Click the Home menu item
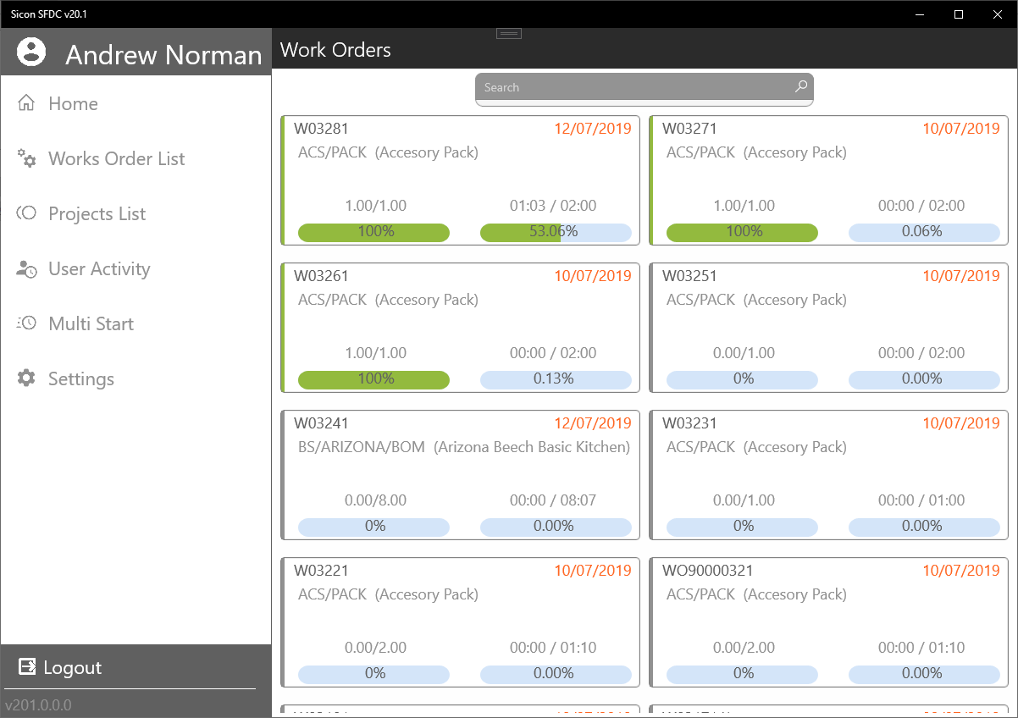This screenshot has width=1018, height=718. [x=73, y=104]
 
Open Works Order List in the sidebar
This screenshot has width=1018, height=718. [x=116, y=159]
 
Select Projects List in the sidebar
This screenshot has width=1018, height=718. [x=97, y=214]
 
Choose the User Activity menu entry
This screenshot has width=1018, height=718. [x=99, y=269]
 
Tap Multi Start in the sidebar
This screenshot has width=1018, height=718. [x=91, y=324]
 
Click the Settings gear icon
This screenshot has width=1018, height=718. [x=27, y=378]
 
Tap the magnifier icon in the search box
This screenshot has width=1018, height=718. [x=800, y=86]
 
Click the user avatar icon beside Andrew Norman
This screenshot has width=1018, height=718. [x=31, y=52]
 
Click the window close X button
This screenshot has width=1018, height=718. [x=997, y=14]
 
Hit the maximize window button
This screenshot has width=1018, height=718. [x=959, y=14]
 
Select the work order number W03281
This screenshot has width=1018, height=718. [x=321, y=129]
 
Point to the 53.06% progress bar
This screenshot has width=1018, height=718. [x=555, y=232]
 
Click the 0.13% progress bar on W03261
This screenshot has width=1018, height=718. [x=555, y=379]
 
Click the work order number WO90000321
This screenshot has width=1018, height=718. [x=707, y=571]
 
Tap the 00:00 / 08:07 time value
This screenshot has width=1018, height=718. [x=553, y=500]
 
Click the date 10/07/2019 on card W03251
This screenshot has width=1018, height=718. [x=960, y=276]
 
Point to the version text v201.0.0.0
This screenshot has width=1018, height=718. [x=38, y=704]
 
